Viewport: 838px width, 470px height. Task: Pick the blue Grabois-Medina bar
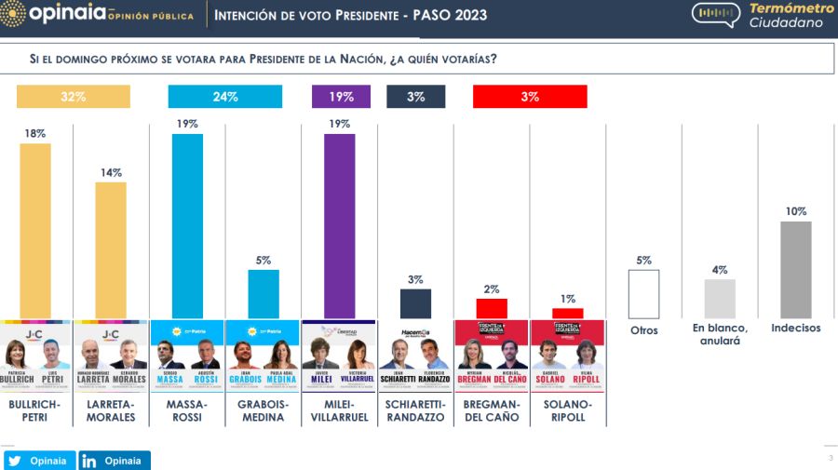tap(263, 294)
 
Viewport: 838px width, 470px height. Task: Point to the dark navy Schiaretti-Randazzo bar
tap(415, 303)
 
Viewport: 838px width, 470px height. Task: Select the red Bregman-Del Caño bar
tap(492, 308)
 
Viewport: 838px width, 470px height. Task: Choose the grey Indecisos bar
tap(795, 269)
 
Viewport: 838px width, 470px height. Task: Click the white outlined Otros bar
tap(643, 294)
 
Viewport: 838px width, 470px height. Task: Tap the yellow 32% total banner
tap(74, 97)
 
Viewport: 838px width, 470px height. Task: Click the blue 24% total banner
tap(225, 97)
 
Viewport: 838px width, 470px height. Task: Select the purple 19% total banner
tap(341, 97)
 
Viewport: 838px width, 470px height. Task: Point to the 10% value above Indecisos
tap(795, 211)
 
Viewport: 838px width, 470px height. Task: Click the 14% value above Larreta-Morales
tap(111, 172)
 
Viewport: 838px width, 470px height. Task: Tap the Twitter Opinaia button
tap(39, 461)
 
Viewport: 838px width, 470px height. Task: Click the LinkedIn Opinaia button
tap(115, 461)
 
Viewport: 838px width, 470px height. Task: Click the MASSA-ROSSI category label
tap(187, 411)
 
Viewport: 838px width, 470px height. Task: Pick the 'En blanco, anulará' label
tap(720, 335)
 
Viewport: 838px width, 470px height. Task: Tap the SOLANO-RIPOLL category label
tap(567, 411)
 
